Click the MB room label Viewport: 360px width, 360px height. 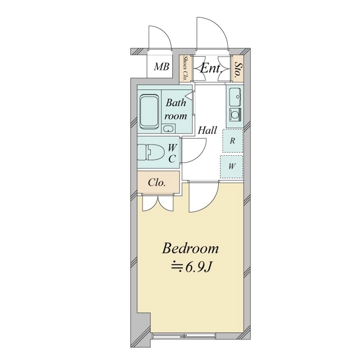(x=161, y=67)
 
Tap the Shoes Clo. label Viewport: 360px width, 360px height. (x=184, y=69)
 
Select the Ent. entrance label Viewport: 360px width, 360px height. (x=211, y=68)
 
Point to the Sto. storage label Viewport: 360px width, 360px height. (x=238, y=69)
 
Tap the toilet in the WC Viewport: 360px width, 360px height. (x=150, y=152)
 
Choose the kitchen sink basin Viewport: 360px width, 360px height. (x=235, y=96)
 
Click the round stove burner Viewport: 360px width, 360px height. (x=235, y=114)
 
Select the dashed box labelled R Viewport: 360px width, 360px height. (x=232, y=141)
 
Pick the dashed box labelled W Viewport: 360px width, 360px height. (x=231, y=166)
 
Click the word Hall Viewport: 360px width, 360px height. (x=208, y=130)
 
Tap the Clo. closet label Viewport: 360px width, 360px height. (x=157, y=183)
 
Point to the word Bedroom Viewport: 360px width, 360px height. (x=190, y=249)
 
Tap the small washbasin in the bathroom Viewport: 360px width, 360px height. (x=169, y=129)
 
